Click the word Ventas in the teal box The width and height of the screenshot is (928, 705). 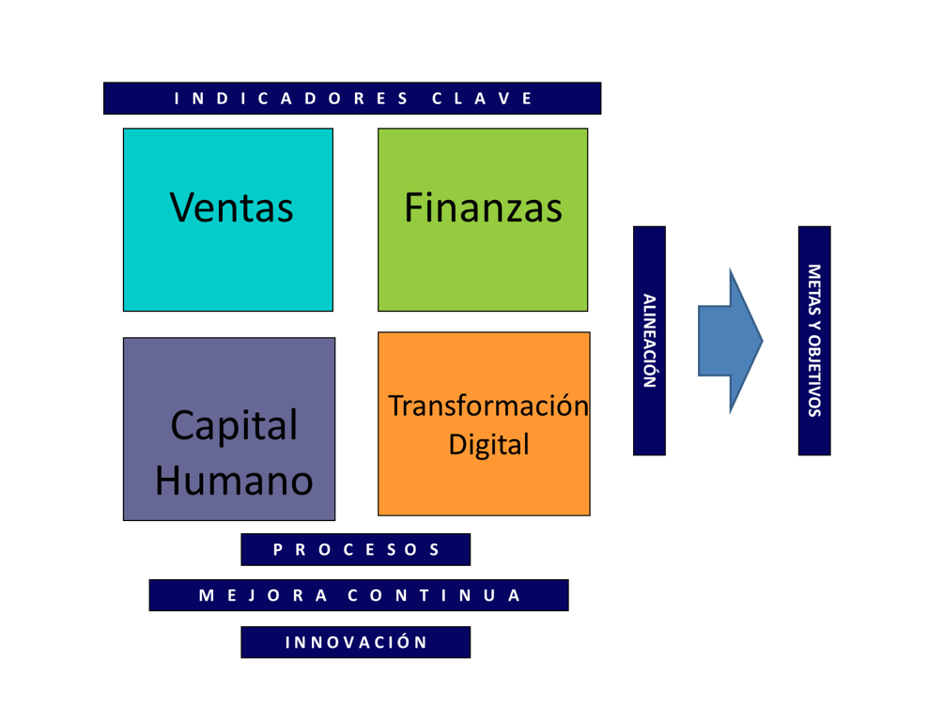coord(231,207)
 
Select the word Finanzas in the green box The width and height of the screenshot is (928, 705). coord(483,207)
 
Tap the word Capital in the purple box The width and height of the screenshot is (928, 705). coord(234,425)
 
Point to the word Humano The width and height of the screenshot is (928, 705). coord(234,481)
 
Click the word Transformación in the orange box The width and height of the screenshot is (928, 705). coord(487,406)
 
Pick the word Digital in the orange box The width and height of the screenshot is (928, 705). coord(488,444)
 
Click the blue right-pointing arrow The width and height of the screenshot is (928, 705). coord(729,341)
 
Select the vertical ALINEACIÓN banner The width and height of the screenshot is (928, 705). coord(649,341)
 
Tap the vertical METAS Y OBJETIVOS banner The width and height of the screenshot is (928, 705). coord(814,341)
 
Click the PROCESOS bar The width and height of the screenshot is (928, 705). coord(355,550)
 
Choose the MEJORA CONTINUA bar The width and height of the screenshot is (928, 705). coord(359,595)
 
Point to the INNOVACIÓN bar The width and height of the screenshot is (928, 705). coord(355,642)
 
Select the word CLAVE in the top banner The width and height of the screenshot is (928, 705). coord(483,99)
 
